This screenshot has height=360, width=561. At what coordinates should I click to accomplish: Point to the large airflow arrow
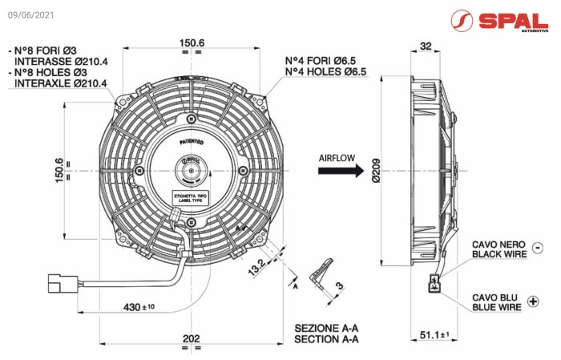[352, 171]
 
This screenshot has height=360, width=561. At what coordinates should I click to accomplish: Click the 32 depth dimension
[425, 46]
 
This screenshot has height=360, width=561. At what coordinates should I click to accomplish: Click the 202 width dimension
[191, 338]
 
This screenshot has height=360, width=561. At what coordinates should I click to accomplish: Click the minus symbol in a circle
[536, 248]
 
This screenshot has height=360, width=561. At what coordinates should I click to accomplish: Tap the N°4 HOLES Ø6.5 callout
[326, 71]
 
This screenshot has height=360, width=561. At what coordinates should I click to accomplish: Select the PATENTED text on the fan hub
[192, 142]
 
